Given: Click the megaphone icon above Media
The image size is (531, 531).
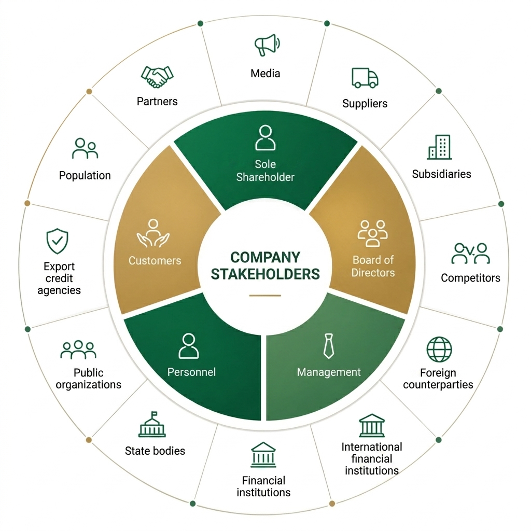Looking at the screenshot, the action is tap(267, 45).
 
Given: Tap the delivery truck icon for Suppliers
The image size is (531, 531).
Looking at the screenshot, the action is tap(365, 78).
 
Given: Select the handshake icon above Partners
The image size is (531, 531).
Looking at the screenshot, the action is tap(157, 77).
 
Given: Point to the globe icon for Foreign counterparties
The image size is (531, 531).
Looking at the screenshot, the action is tap(439, 350).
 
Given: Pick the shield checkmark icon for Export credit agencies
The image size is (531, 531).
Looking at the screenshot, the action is tap(57, 241).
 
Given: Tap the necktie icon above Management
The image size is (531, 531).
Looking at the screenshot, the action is tap(328, 346).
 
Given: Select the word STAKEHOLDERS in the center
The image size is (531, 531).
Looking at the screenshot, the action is tap(265, 274).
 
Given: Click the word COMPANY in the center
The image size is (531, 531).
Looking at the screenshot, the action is tap(265, 257).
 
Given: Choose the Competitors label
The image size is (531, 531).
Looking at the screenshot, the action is tap(470, 278).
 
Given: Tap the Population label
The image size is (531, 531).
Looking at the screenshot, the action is tap(85, 175).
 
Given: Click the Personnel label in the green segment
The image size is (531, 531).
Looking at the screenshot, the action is tap(191, 372).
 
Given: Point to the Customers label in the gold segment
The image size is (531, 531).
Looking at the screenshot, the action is tap(155, 260).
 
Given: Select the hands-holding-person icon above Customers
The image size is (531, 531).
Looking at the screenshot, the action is tap(153, 233).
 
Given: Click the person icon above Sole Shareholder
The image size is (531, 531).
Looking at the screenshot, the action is tap(265, 137).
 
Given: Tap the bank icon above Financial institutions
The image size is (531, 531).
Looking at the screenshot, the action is tap(263, 455).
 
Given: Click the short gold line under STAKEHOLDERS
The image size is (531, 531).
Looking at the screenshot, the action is tap(265, 296).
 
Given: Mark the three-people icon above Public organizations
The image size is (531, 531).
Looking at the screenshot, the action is tap(78, 350).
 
